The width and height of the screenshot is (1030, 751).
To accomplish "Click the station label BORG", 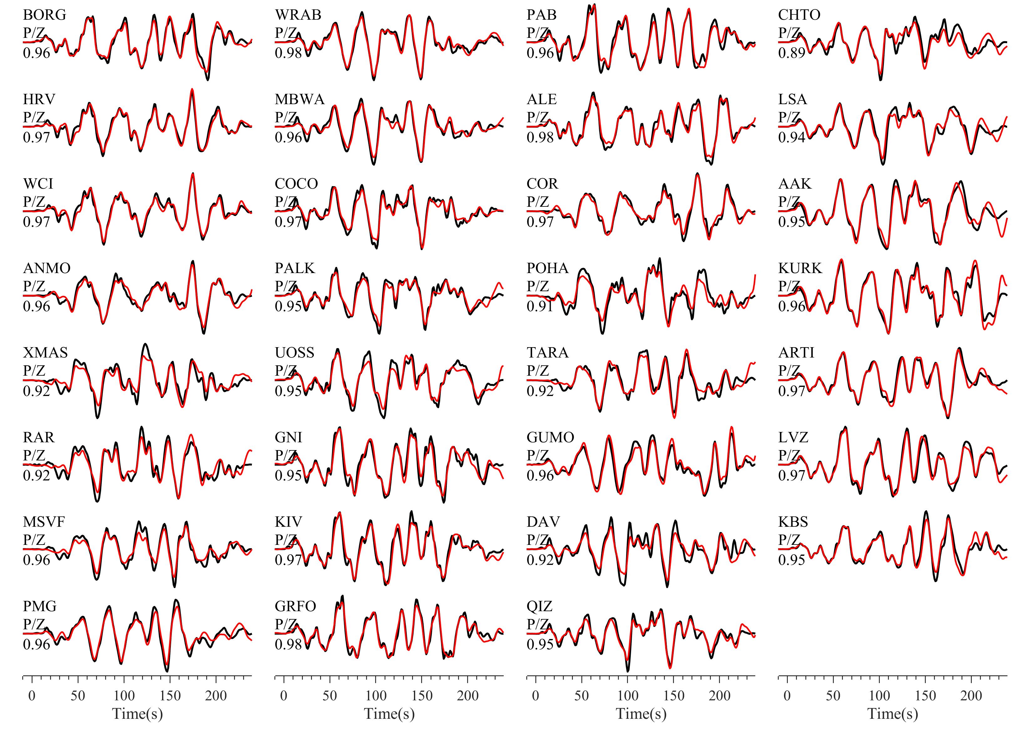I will (44, 15).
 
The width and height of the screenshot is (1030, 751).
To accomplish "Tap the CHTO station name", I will (799, 15).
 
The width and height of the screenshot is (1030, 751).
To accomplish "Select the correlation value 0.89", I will (791, 53).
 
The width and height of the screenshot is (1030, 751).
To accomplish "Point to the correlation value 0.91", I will (540, 307).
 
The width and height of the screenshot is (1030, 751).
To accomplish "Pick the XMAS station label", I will (45, 353).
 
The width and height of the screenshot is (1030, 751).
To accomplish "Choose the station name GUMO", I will (550, 437).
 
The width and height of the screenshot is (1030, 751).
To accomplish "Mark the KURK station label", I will (800, 268).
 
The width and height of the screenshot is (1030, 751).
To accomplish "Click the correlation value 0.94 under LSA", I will (791, 137).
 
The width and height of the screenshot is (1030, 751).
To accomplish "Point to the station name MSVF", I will (44, 521).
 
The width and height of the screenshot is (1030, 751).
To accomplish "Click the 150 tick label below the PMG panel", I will (170, 696).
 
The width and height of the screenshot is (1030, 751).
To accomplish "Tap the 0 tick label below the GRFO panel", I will (284, 696).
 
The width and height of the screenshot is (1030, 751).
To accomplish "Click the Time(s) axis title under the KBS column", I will (892, 714).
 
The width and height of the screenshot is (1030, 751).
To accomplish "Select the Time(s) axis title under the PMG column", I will (137, 714).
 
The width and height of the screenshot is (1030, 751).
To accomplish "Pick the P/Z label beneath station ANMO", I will (34, 287).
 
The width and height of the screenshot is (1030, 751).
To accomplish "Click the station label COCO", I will (296, 184).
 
